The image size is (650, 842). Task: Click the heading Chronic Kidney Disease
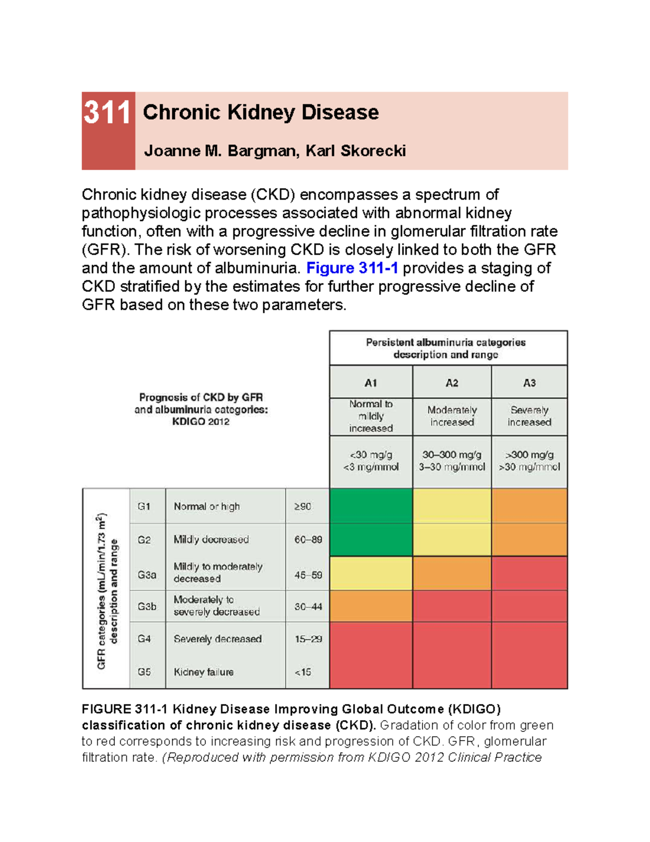[x=261, y=112]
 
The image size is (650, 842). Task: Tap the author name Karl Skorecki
[x=355, y=151]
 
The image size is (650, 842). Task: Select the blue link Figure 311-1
[x=352, y=268]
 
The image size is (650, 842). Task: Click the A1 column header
[x=370, y=383]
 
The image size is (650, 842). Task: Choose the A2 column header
[x=452, y=383]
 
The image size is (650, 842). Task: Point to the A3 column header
[x=529, y=383]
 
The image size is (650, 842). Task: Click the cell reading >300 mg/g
[x=529, y=455]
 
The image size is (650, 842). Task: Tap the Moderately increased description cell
[x=452, y=416]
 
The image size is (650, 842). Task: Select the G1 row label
[x=144, y=506]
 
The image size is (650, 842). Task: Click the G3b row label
[x=146, y=607]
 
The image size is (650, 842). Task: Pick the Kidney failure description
[x=204, y=672]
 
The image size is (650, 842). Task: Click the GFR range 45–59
[x=308, y=575]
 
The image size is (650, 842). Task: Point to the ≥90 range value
[x=303, y=506]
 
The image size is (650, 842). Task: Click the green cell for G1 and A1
[x=370, y=506]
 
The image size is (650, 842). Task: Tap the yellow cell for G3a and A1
[x=370, y=574]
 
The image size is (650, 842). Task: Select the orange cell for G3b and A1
[x=370, y=606]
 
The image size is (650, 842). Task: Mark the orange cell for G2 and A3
[x=529, y=539]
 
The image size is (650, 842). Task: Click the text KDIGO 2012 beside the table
[x=200, y=422]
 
